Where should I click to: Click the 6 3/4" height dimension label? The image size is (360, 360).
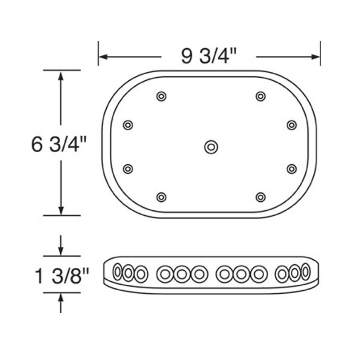point(57,145)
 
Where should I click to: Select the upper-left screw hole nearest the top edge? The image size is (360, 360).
point(161,97)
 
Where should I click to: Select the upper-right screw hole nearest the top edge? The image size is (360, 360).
point(260,97)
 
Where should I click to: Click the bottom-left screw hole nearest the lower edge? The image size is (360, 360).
point(161,197)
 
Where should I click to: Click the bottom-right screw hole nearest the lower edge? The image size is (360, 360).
point(260,197)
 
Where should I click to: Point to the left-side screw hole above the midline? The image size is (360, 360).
point(128,125)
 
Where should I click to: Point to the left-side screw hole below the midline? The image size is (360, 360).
point(128,169)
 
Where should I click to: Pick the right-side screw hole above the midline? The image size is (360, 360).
point(291,125)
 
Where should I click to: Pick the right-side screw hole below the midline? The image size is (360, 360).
point(291,169)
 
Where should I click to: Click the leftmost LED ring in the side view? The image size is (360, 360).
point(118,272)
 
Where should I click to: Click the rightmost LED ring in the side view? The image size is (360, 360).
point(305,272)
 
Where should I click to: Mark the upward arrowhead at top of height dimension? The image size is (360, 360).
point(61,75)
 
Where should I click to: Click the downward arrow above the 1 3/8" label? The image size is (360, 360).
point(61,251)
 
